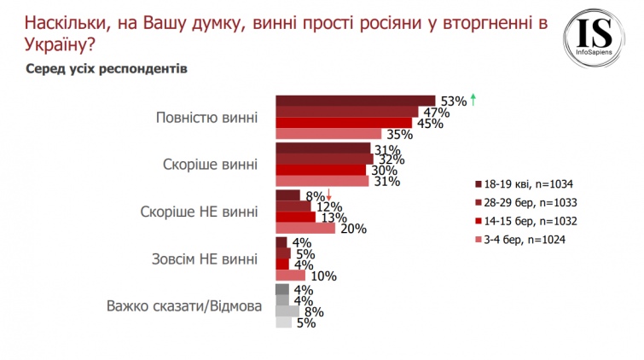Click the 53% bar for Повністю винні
click(355, 100)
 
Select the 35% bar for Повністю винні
click(328, 133)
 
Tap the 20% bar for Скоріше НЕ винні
click(305, 228)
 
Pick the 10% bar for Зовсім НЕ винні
click(290, 276)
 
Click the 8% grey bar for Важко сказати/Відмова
click(287, 311)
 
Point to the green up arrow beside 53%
click(473, 100)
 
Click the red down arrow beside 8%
click(329, 194)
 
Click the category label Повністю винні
click(206, 117)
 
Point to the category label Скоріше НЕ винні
click(198, 211)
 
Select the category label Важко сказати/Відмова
click(182, 305)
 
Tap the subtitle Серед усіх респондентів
click(107, 67)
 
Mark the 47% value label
click(431, 112)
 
